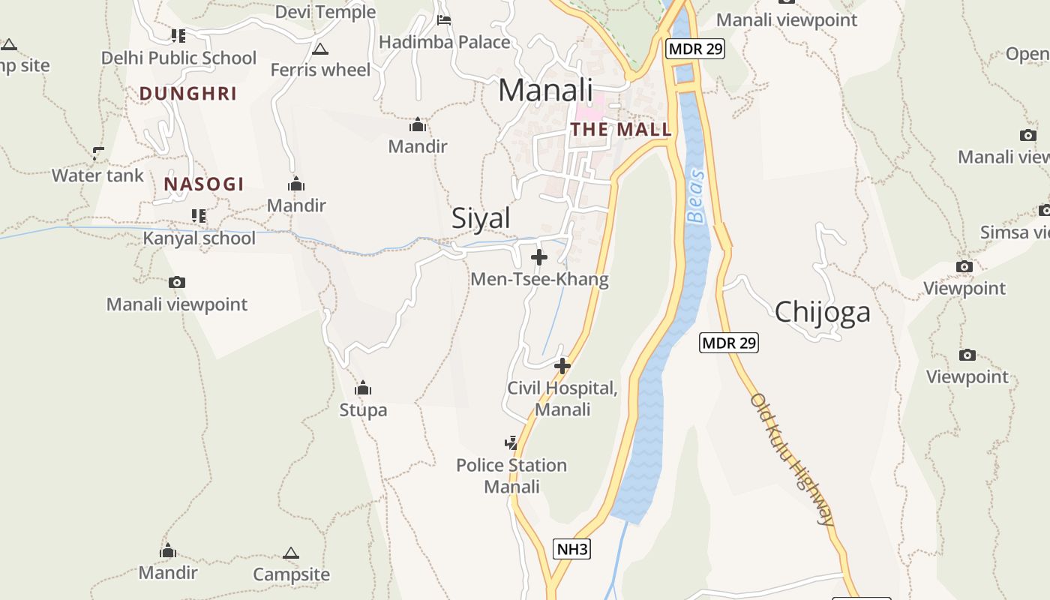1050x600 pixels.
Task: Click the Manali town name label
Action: pyautogui.click(x=545, y=91)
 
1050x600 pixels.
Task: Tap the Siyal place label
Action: pyautogui.click(x=481, y=218)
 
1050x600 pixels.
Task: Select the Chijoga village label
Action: pyautogui.click(x=822, y=312)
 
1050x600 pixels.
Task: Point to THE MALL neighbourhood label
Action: pyautogui.click(x=621, y=129)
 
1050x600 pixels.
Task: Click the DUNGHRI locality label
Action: pyautogui.click(x=188, y=94)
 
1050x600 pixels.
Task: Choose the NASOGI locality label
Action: pyautogui.click(x=204, y=184)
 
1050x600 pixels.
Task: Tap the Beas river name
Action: pyautogui.click(x=697, y=196)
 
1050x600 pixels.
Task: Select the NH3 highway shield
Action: pyautogui.click(x=572, y=549)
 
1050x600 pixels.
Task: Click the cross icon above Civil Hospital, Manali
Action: pyautogui.click(x=562, y=366)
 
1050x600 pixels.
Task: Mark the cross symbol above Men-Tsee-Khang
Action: pyautogui.click(x=538, y=258)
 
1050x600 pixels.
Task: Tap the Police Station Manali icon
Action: pyautogui.click(x=511, y=443)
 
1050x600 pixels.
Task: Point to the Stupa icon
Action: pyautogui.click(x=363, y=388)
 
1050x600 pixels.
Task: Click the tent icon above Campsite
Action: pyautogui.click(x=291, y=553)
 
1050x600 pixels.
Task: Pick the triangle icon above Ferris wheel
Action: pyautogui.click(x=320, y=49)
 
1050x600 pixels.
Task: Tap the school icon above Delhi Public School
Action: pyautogui.click(x=178, y=35)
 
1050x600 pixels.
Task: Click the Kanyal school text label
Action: pyautogui.click(x=199, y=238)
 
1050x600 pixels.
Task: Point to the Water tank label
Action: pyautogui.click(x=97, y=175)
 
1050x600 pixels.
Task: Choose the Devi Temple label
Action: pyautogui.click(x=325, y=12)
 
